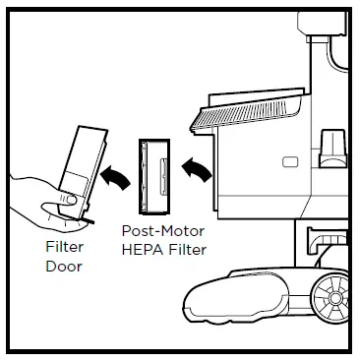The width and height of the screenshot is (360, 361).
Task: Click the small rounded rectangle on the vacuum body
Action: coord(291,161)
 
